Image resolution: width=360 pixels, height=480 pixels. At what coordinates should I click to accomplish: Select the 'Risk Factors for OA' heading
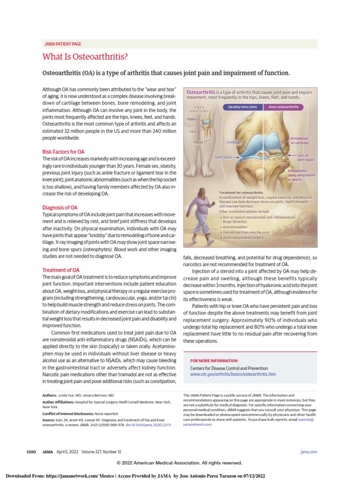[x=63, y=152]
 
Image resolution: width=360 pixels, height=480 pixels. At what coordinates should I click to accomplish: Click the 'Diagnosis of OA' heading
[x=60, y=207]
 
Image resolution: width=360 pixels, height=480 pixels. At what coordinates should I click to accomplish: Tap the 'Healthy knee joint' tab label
[x=242, y=107]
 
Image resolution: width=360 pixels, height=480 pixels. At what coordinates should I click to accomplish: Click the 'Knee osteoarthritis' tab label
[x=284, y=107]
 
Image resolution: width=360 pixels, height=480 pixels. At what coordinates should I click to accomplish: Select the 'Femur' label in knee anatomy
[x=192, y=119]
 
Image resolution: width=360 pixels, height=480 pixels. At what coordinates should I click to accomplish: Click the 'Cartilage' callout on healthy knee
[x=234, y=142]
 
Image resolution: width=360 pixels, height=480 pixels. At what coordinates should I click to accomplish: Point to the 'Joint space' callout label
[x=223, y=157]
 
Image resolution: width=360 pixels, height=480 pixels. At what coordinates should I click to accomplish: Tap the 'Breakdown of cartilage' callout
[x=300, y=141]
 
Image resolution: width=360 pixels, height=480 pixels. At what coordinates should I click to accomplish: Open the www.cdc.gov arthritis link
[x=232, y=375]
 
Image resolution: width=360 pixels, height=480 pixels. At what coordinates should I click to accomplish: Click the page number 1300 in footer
[x=31, y=451]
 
